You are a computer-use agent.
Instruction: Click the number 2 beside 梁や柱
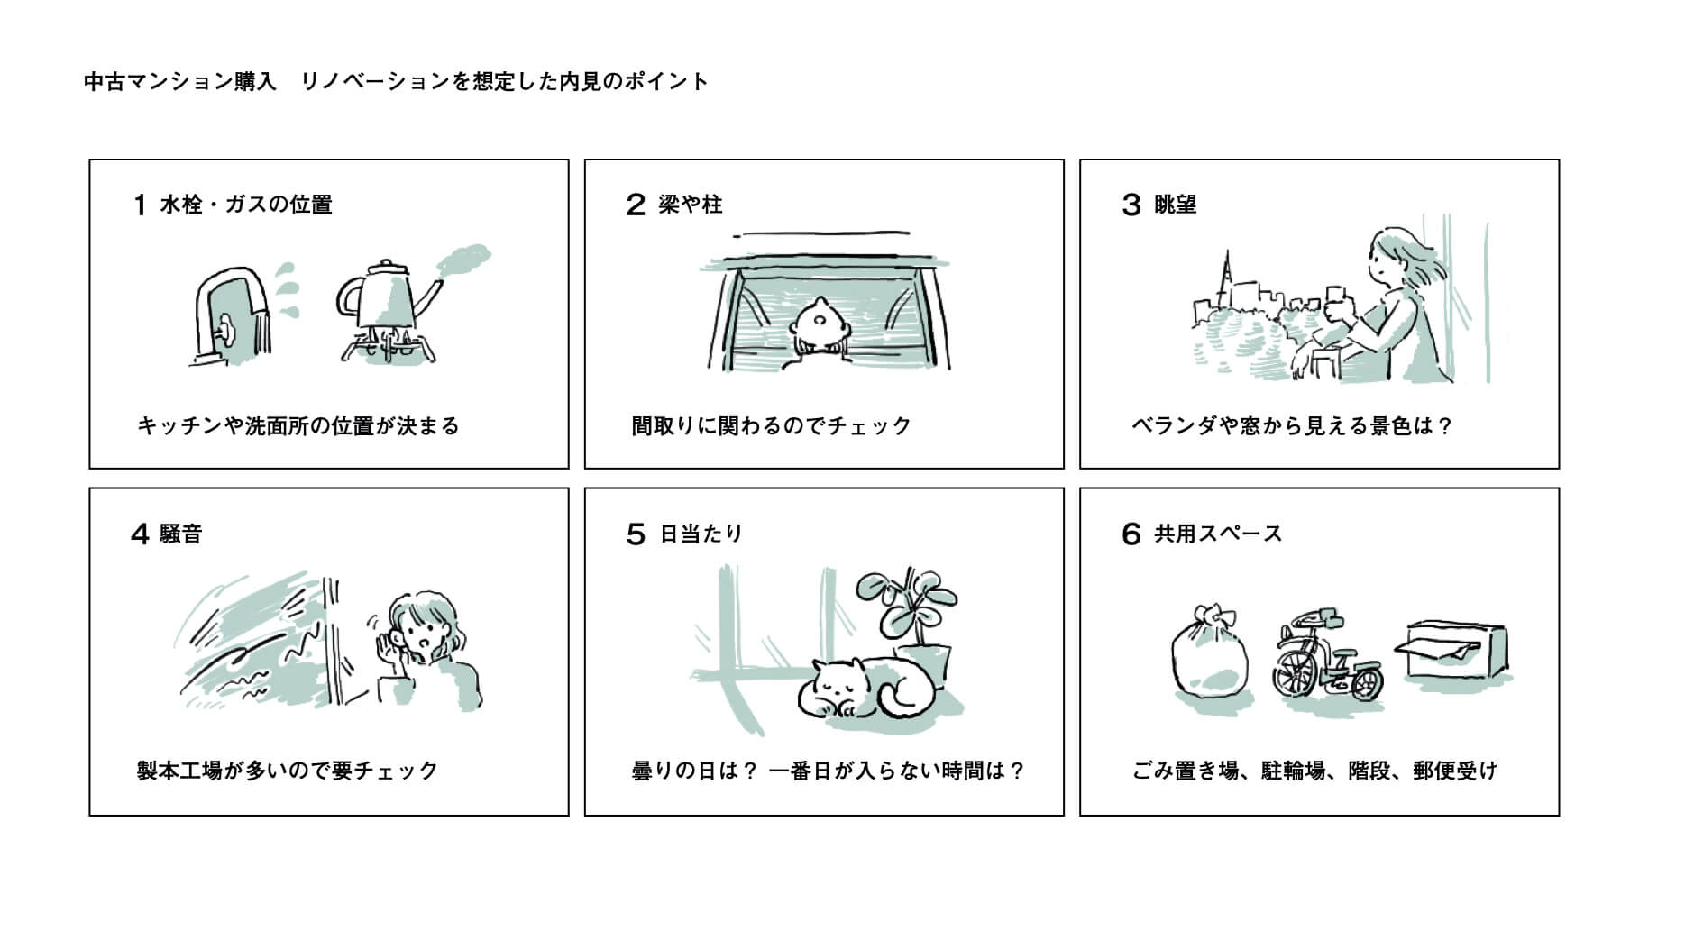point(636,205)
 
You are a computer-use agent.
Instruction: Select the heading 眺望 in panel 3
point(1175,205)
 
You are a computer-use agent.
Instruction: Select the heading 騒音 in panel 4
point(180,534)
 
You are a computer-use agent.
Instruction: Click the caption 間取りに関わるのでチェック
point(772,425)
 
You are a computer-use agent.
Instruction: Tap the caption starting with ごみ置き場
point(1314,771)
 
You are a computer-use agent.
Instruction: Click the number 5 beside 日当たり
point(636,534)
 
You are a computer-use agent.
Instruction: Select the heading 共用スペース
point(1217,534)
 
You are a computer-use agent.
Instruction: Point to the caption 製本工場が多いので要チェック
point(288,771)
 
